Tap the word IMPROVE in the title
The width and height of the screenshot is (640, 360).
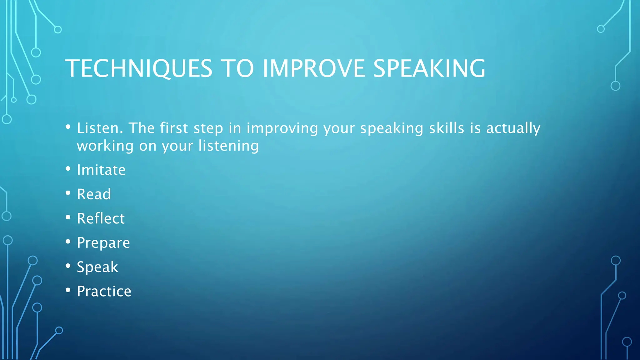314,68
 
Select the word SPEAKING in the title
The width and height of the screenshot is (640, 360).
429,68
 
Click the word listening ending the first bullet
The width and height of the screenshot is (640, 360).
229,146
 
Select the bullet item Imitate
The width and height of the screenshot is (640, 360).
101,170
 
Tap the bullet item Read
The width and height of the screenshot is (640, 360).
94,194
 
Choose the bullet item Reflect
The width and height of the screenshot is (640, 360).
101,218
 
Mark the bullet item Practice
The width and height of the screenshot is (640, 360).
104,292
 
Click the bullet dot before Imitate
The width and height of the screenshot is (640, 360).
68,169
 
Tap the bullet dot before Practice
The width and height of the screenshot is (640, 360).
68,290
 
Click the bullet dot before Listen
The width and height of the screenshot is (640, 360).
68,127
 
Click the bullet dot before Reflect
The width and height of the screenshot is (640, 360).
68,217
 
